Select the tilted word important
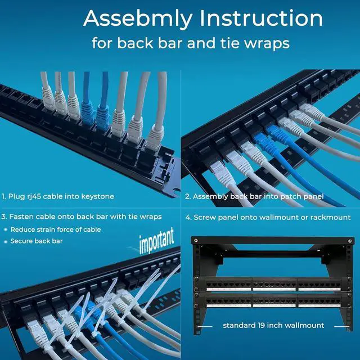coord(156,240)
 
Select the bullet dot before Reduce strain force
coord(5,229)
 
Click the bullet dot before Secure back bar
coord(5,241)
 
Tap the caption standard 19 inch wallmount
coord(273,325)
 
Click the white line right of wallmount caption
coord(340,325)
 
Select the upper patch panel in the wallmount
coord(273,284)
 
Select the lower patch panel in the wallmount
coord(273,301)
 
